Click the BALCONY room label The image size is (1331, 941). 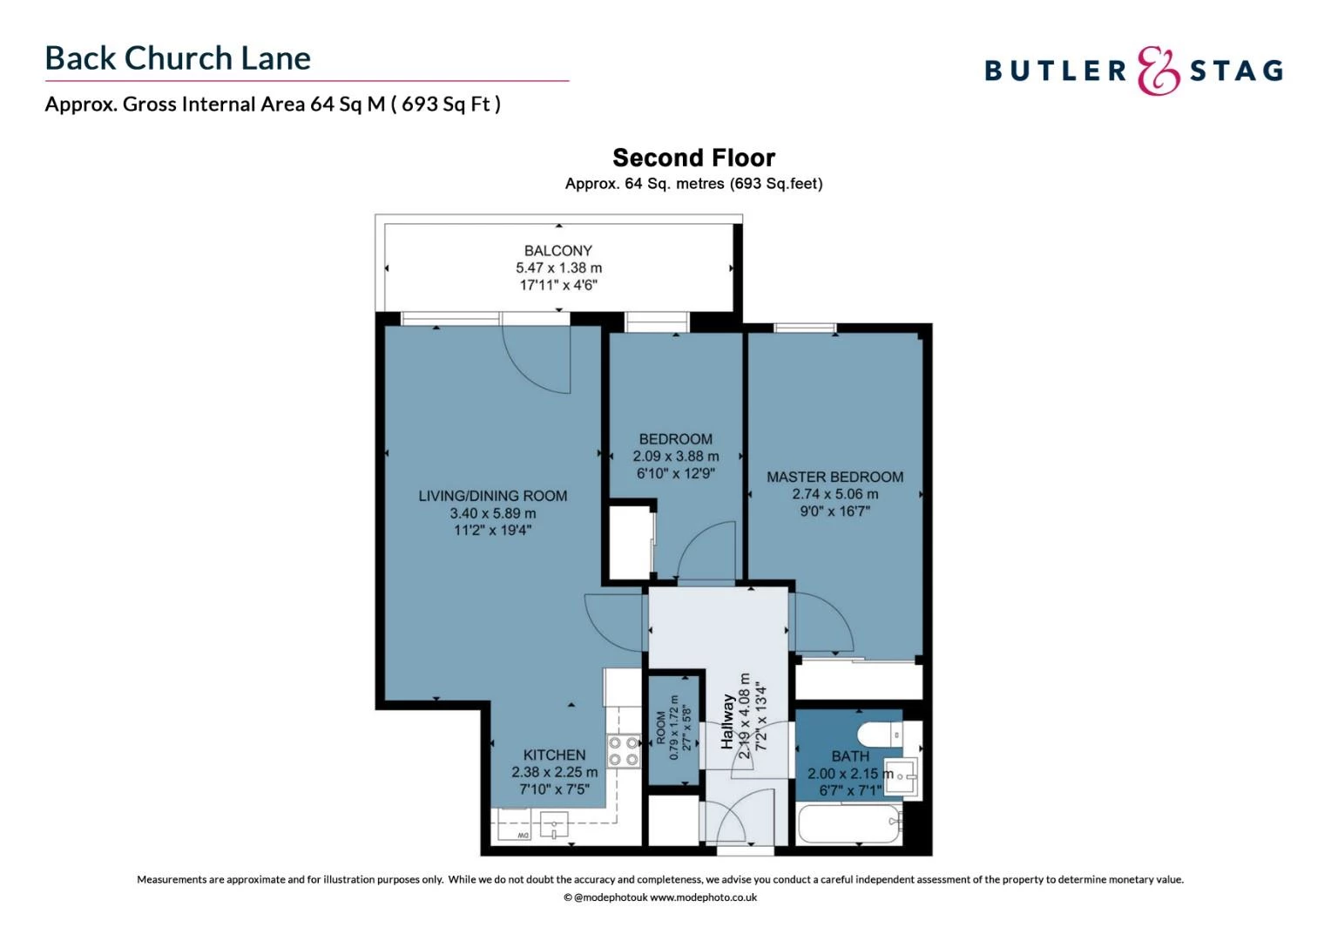pyautogui.click(x=558, y=251)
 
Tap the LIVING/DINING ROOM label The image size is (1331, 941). pyautogui.click(x=492, y=496)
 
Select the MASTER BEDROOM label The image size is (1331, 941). pyautogui.click(x=834, y=477)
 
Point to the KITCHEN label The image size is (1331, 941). pyautogui.click(x=554, y=755)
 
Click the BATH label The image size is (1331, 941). pyautogui.click(x=850, y=756)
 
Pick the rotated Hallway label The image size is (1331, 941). pyautogui.click(x=727, y=721)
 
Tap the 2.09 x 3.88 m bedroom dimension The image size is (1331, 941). pyautogui.click(x=676, y=456)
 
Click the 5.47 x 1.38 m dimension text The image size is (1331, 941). pyautogui.click(x=558, y=268)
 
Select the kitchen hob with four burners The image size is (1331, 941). pyautogui.click(x=624, y=751)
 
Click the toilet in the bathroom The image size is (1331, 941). pyautogui.click(x=880, y=735)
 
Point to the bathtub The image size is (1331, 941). pyautogui.click(x=849, y=823)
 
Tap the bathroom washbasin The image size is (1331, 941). pyautogui.click(x=901, y=775)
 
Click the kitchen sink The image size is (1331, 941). pyautogui.click(x=554, y=825)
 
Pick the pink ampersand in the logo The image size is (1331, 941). pyautogui.click(x=1158, y=71)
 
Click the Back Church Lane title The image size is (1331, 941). pyautogui.click(x=178, y=58)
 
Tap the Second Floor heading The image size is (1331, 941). pyautogui.click(x=693, y=158)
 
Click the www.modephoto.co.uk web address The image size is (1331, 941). pyautogui.click(x=703, y=897)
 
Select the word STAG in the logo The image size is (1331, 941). pyautogui.click(x=1236, y=71)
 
